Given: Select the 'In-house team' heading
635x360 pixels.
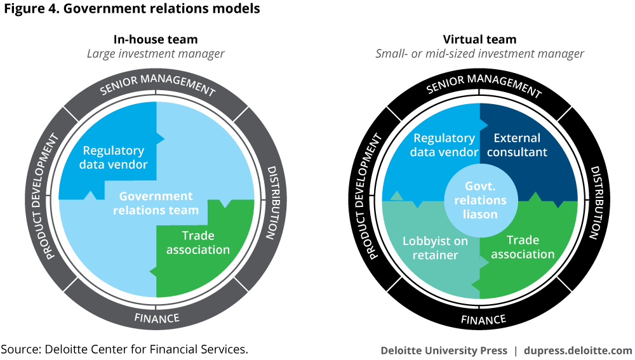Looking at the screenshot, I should (x=156, y=39).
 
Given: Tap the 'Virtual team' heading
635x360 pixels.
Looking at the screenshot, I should (x=479, y=39).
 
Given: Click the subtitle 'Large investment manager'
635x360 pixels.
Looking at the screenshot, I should (x=156, y=54).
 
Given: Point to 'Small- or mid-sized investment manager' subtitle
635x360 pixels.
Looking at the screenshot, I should (x=479, y=54).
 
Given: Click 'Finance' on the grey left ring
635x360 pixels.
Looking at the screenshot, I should (x=157, y=317).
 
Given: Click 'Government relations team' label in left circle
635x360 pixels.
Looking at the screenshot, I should (x=156, y=203).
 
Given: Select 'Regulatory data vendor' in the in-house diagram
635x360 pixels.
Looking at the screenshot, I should (x=114, y=158).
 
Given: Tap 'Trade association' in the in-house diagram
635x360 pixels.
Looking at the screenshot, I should (x=198, y=243).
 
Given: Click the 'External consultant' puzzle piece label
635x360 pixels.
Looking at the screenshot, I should (x=517, y=145).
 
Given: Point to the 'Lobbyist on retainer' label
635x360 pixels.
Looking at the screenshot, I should (x=435, y=248).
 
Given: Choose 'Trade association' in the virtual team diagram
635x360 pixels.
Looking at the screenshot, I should (x=523, y=247).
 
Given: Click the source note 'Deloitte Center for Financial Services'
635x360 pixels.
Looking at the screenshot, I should (x=124, y=350).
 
